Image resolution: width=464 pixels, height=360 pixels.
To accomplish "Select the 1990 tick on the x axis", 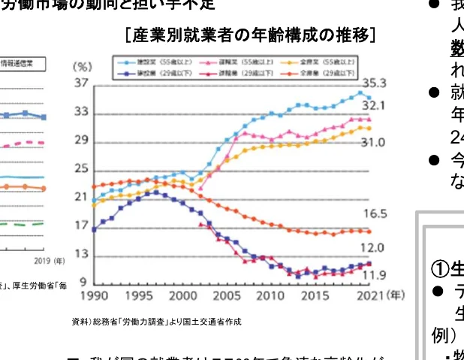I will tap(95, 297).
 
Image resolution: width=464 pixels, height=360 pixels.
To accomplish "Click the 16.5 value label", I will tap(375, 214).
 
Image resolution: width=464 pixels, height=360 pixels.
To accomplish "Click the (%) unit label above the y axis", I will tap(83, 66).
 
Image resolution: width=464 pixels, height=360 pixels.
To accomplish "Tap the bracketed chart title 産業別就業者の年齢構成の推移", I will tap(251, 35).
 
